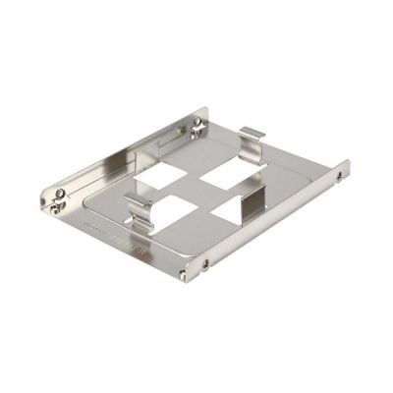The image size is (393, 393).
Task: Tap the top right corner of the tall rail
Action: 207,109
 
